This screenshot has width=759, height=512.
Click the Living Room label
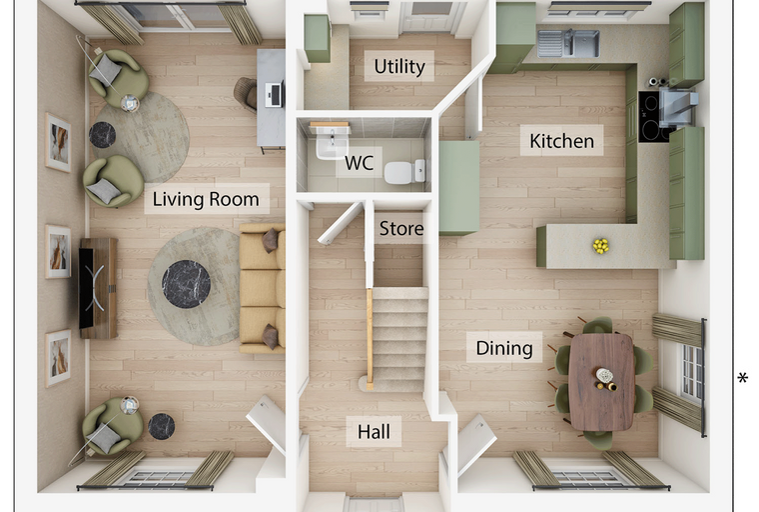(206, 199)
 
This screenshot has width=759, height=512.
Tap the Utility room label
(399, 66)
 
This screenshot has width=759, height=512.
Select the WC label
(359, 163)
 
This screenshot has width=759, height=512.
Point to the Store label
(401, 228)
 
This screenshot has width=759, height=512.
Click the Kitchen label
(561, 141)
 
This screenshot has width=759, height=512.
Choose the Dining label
(504, 348)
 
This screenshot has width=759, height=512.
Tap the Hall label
(374, 432)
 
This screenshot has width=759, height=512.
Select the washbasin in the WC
(332, 143)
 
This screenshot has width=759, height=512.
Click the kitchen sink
(568, 43)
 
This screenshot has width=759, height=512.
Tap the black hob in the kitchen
(653, 116)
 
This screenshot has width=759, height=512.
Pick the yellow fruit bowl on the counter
(601, 246)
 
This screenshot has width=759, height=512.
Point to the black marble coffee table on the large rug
(186, 284)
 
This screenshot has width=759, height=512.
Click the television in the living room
(86, 288)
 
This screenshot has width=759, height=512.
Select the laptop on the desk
(275, 94)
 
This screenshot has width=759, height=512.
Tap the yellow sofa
(262, 288)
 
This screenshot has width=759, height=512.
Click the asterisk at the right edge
(743, 378)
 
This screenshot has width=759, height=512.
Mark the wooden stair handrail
(370, 339)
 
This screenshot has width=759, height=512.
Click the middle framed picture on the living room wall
(58, 251)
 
